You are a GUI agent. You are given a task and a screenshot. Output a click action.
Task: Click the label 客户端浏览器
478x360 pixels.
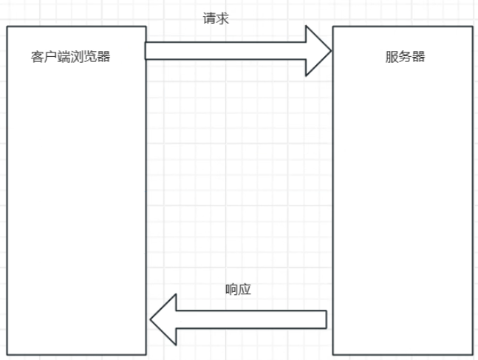(x=71, y=57)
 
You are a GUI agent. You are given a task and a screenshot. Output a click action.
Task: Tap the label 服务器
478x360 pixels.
(x=405, y=57)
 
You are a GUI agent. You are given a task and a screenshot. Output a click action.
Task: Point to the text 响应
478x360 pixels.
(x=238, y=289)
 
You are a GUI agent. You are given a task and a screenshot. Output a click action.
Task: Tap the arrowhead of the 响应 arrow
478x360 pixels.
(x=164, y=319)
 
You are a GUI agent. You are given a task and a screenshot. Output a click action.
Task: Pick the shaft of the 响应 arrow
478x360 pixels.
(x=251, y=319)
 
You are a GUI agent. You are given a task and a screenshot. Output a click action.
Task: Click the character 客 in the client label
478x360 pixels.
(x=38, y=57)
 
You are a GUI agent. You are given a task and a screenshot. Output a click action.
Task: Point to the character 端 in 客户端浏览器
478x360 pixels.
(x=64, y=57)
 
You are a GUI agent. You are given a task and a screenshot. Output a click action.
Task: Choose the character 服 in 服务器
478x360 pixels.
(x=392, y=57)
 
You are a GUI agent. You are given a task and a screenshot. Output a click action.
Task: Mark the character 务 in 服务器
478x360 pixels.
(x=405, y=57)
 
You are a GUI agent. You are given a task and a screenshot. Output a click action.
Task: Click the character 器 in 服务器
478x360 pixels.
(x=418, y=57)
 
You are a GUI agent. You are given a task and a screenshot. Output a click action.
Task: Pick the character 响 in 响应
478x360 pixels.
(x=231, y=289)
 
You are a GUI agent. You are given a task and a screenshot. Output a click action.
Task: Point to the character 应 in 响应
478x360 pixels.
(x=245, y=289)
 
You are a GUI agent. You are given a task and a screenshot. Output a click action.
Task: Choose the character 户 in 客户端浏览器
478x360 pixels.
(x=51, y=57)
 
